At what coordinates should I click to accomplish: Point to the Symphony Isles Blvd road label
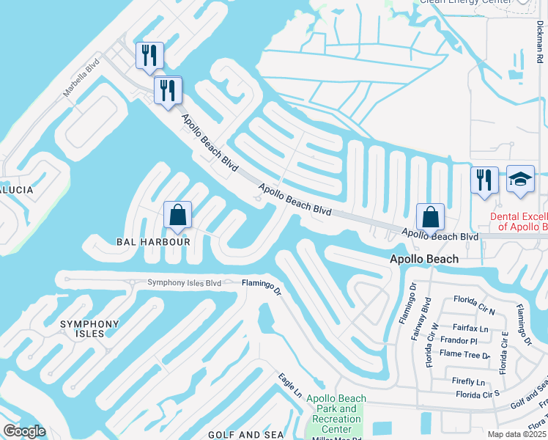(184, 283)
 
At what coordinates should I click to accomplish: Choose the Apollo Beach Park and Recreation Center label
(336, 414)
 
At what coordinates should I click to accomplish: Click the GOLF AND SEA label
(245, 435)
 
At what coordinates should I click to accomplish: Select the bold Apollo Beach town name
(424, 259)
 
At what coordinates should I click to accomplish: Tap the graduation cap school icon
(520, 180)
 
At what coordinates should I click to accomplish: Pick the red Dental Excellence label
(519, 221)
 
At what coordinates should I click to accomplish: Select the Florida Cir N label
(474, 301)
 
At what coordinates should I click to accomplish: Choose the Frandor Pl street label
(459, 341)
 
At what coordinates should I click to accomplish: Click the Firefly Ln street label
(468, 382)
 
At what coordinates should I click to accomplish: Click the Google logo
(24, 431)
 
